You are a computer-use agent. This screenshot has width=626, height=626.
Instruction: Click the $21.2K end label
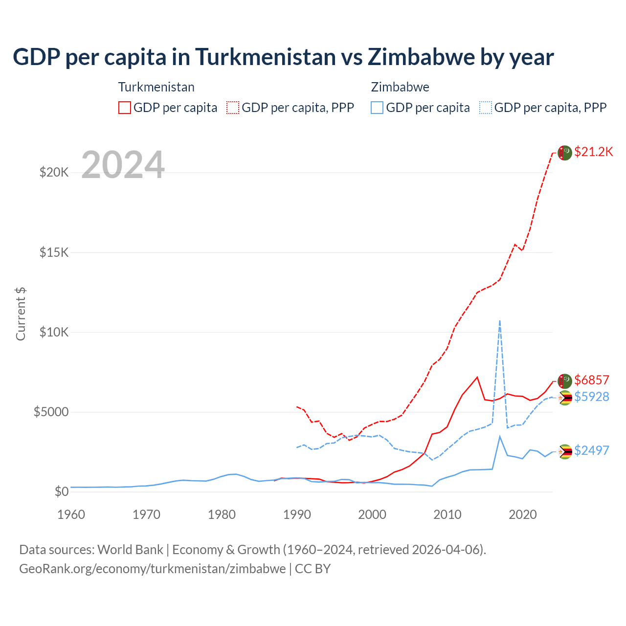[x=593, y=152]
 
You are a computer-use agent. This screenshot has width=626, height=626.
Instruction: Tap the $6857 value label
[x=591, y=380]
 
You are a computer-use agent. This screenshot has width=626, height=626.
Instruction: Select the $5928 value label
[x=591, y=397]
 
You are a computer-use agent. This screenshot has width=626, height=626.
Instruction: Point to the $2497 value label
[x=591, y=450]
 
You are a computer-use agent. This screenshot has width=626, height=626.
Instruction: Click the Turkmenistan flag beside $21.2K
[x=565, y=153]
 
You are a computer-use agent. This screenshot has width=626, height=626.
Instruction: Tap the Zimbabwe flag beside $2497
[x=565, y=451]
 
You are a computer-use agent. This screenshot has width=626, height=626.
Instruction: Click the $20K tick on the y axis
[x=54, y=172]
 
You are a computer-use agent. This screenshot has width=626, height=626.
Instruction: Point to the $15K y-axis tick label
[x=54, y=252]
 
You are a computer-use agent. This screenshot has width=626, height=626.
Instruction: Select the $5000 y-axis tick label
[x=51, y=412]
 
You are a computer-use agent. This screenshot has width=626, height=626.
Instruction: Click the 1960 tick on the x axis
[x=71, y=514]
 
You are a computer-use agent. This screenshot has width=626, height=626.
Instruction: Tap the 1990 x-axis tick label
[x=297, y=514]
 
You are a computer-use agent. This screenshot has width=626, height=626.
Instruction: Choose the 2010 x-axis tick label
[x=447, y=514]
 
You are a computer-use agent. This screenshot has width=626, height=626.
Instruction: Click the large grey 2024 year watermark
[x=123, y=165]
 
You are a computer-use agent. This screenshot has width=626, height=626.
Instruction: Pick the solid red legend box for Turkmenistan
[x=125, y=108]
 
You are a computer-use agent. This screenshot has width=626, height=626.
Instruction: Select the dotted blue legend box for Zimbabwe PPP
[x=486, y=108]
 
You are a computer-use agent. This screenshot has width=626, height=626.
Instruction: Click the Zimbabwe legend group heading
[x=400, y=87]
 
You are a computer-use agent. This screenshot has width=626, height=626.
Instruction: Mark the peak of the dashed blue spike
[x=499, y=321]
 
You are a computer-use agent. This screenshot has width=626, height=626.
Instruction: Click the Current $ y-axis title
[x=21, y=314]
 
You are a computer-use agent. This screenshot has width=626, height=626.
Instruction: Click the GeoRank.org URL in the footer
[x=153, y=569]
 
